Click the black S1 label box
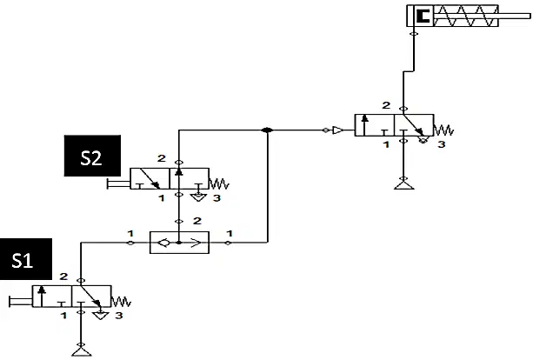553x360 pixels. click(x=26, y=259)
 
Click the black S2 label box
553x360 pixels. click(x=92, y=156)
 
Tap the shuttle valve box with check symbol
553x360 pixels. click(x=179, y=243)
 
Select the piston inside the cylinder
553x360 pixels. click(x=423, y=16)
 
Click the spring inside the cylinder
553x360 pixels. click(x=465, y=16)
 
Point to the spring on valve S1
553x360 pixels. click(x=122, y=302)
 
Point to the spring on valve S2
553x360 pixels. click(x=219, y=184)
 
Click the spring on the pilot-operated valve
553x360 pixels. click(x=443, y=130)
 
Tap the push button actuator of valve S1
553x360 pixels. click(x=21, y=302)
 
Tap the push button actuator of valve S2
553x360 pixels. click(x=118, y=183)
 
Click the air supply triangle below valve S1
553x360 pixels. click(x=82, y=351)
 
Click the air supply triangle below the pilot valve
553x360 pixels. click(x=403, y=184)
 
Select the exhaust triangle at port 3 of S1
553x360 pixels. click(x=101, y=316)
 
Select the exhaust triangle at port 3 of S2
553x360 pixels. click(x=198, y=197)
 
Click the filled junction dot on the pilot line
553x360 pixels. click(x=267, y=130)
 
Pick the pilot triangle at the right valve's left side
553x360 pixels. click(x=337, y=130)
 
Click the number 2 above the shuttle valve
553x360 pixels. click(x=197, y=221)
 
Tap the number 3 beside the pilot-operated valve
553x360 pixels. click(x=441, y=144)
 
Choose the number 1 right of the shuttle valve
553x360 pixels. click(x=230, y=233)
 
